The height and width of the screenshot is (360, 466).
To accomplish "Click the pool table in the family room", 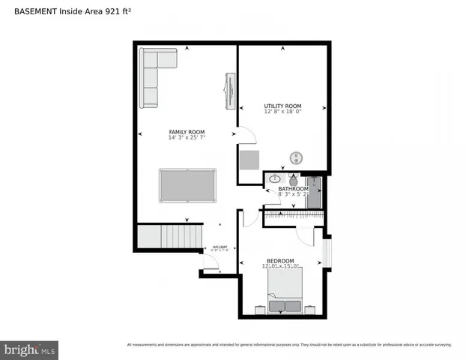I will click(187, 185).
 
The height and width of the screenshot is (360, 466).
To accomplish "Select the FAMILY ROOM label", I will click(187, 132).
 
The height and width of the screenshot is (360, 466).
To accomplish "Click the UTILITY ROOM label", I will click(282, 106).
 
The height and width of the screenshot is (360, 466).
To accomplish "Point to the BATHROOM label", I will click(288, 188).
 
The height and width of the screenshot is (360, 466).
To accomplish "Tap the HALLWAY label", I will click(220, 247).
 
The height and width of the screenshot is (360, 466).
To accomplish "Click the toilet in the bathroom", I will click(292, 181).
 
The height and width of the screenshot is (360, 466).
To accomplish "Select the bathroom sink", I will click(275, 179).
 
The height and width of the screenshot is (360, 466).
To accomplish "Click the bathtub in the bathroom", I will click(314, 192).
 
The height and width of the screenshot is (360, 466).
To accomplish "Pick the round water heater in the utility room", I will click(297, 157).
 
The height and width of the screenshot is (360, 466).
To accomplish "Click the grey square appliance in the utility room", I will click(249, 160).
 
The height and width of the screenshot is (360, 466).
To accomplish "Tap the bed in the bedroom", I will click(285, 292).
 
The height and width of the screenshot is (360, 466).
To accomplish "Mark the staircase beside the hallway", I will click(171, 236).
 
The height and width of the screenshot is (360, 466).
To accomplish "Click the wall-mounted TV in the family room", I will click(229, 91).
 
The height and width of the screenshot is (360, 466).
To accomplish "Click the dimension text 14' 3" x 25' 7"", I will click(187, 138).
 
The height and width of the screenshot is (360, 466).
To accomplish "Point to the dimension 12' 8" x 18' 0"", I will click(282, 112).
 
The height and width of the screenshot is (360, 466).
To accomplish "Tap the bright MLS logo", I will click(30, 349).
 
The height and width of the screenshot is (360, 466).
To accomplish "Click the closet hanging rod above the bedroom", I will click(295, 215).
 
